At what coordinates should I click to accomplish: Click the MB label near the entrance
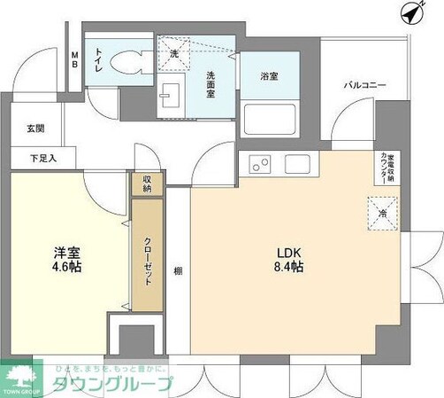click(75, 62)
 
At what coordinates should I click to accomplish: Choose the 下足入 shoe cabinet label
click(36, 159)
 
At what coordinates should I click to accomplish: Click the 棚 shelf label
click(179, 271)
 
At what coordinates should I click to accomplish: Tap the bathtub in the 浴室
click(265, 118)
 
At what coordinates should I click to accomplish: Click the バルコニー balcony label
click(363, 86)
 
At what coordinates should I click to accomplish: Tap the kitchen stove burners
click(260, 164)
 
